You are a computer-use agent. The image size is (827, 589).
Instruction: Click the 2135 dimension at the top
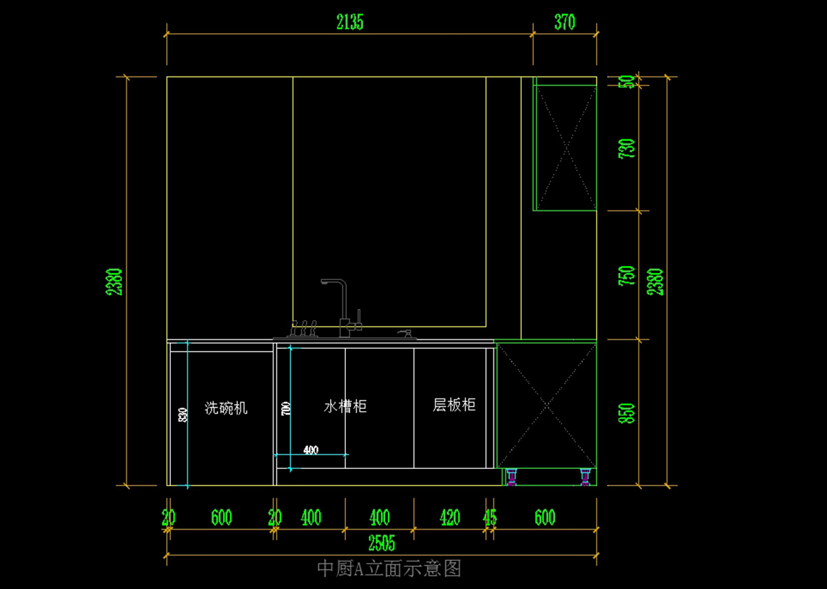click(x=349, y=23)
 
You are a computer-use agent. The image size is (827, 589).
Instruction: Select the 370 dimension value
click(x=564, y=23)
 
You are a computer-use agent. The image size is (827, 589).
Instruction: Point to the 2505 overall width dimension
click(x=382, y=543)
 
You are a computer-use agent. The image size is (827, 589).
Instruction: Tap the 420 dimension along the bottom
click(x=449, y=517)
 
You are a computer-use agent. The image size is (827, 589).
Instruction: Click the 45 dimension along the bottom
click(x=490, y=517)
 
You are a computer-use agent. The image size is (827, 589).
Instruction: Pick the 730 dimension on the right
click(x=627, y=149)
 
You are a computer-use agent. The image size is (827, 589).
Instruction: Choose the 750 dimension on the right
click(x=627, y=277)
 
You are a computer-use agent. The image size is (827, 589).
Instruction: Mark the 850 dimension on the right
click(x=627, y=413)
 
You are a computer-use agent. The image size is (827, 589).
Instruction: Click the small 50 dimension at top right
click(x=627, y=81)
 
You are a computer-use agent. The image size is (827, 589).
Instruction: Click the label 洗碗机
click(x=226, y=408)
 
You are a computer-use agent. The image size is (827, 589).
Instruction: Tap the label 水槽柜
click(x=345, y=406)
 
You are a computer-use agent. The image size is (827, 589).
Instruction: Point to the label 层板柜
click(x=454, y=405)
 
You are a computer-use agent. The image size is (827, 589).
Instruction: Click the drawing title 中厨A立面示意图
click(x=389, y=568)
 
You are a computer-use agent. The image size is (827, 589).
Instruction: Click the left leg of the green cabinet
click(x=511, y=477)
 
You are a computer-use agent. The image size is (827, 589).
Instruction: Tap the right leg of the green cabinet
click(x=585, y=477)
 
